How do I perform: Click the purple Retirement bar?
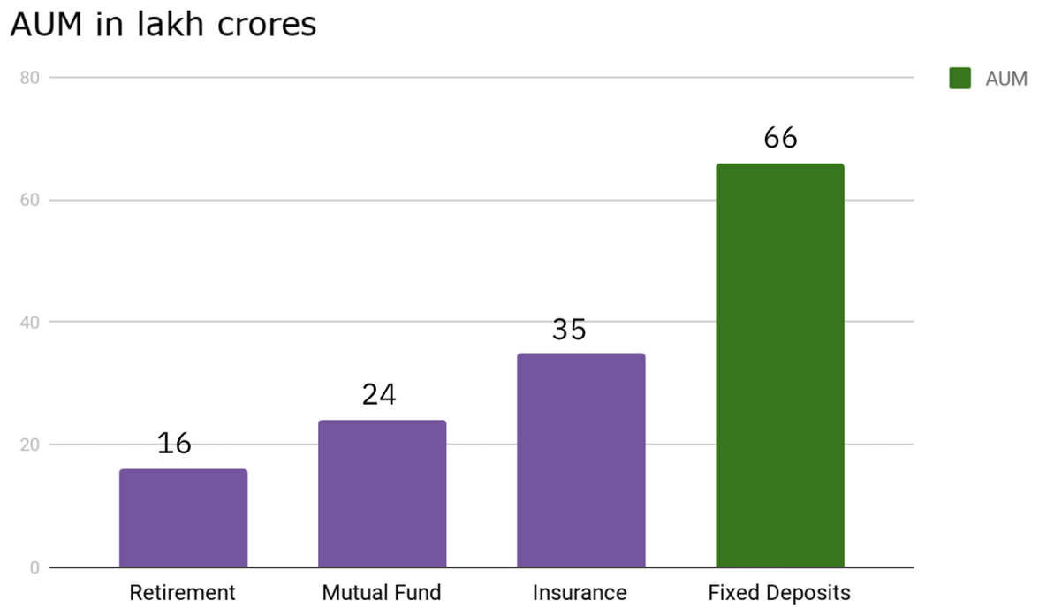tap(183, 518)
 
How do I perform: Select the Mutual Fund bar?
tap(382, 493)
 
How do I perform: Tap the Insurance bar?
tap(580, 460)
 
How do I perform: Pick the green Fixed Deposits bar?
tap(779, 365)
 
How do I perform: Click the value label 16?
tap(174, 444)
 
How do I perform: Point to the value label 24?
tap(379, 395)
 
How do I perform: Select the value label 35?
tap(569, 330)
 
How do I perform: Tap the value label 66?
tap(780, 138)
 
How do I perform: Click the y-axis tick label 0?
tap(34, 567)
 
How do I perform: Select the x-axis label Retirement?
tap(183, 592)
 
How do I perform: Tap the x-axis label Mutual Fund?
tap(382, 592)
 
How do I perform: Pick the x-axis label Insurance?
tap(580, 592)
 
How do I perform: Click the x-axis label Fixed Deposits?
tap(779, 592)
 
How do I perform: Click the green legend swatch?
tap(959, 79)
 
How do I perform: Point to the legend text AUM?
tap(1006, 79)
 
